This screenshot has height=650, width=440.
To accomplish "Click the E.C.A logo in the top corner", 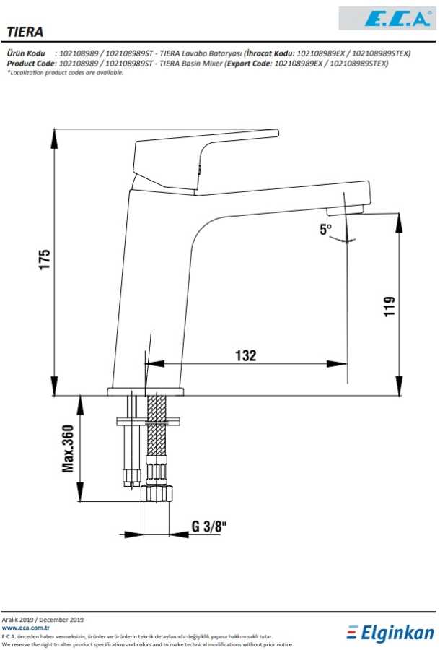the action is (x=387, y=18).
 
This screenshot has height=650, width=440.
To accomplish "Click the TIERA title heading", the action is (x=25, y=32).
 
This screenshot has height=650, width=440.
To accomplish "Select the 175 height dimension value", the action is (x=44, y=259).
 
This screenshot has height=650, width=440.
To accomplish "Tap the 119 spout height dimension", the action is (x=389, y=306).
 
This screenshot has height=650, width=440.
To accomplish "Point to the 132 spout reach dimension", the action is (x=246, y=355).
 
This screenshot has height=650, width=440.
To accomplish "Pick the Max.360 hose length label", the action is (x=68, y=448).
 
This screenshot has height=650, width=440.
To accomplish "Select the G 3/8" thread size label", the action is (x=209, y=526).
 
